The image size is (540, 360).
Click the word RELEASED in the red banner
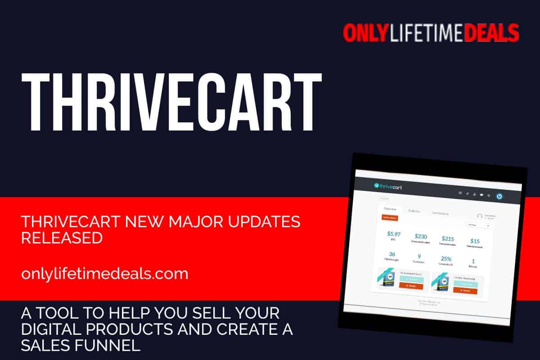(62, 238)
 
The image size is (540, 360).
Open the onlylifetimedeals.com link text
(104, 274)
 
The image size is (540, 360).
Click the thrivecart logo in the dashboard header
(388, 186)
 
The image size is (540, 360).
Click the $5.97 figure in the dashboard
(394, 234)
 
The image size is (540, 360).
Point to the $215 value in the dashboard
(448, 238)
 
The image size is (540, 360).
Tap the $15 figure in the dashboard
(475, 241)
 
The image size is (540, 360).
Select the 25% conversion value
(446, 258)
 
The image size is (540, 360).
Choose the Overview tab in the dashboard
(390, 209)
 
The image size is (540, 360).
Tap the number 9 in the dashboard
(419, 256)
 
